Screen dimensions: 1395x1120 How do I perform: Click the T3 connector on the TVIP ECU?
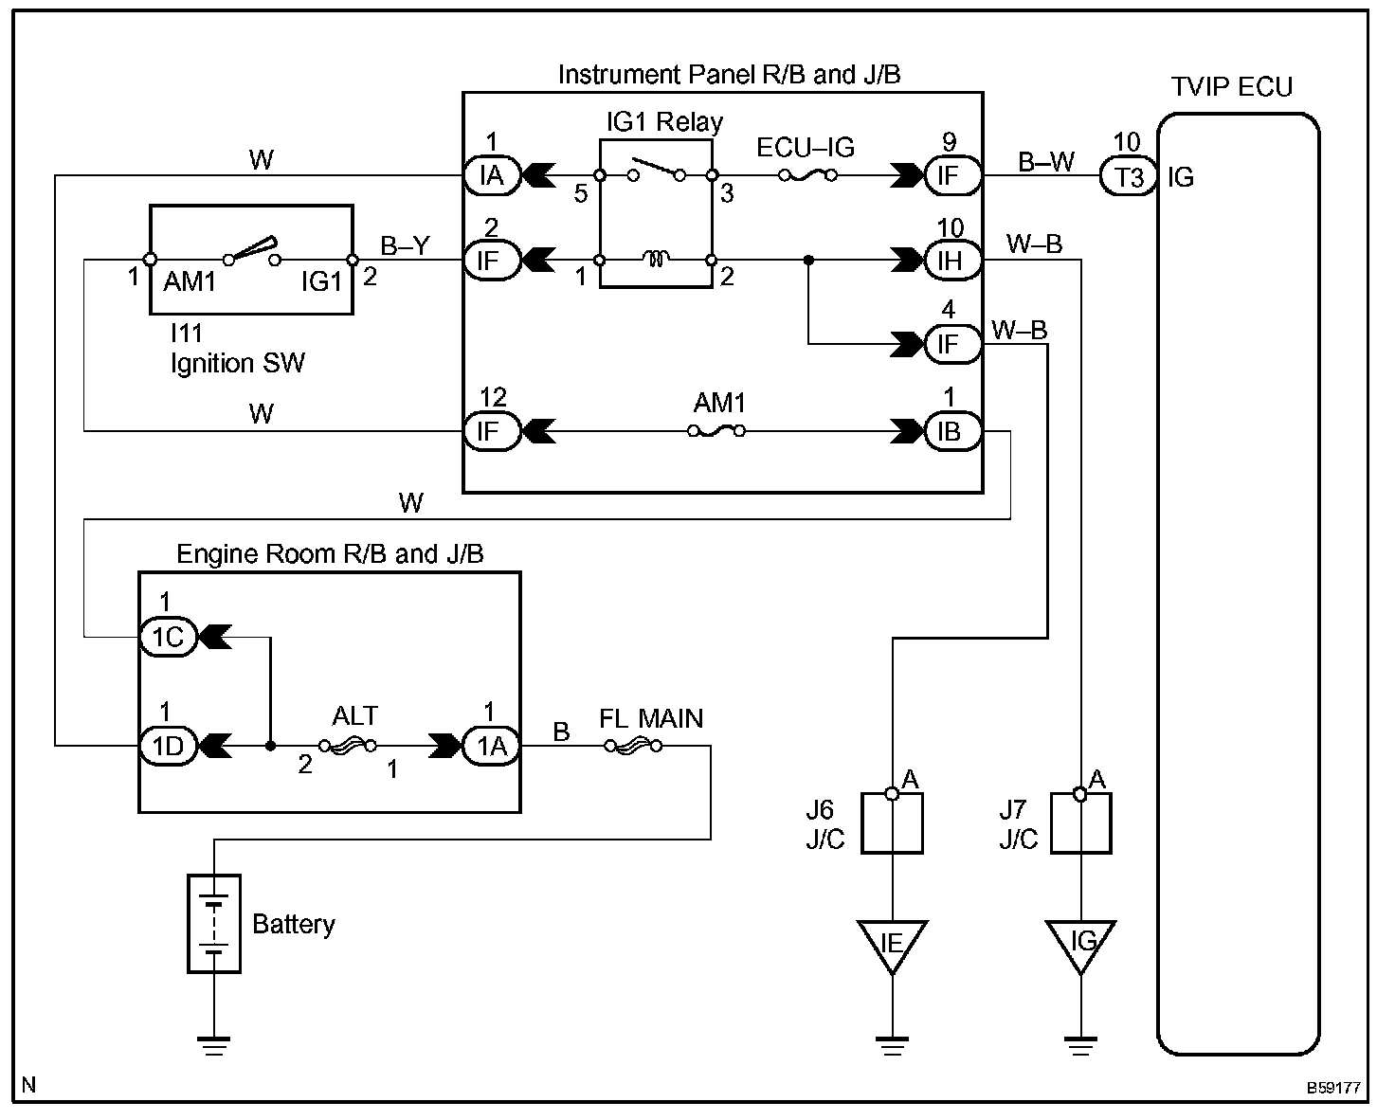[1129, 176]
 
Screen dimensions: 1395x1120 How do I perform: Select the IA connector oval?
[493, 175]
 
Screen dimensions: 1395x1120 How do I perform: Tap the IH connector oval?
[951, 261]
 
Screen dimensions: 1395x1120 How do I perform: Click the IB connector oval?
[951, 431]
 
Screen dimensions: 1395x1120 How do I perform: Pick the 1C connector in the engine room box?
[169, 637]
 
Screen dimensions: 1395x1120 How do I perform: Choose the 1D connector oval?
[169, 746]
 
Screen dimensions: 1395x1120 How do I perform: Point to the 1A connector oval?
[491, 746]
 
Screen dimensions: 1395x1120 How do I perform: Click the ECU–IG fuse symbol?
[807, 175]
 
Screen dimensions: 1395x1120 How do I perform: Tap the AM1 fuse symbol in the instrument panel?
[716, 431]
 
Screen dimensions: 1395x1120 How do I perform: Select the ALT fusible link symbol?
[348, 747]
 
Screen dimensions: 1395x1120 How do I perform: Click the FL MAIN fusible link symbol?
[633, 747]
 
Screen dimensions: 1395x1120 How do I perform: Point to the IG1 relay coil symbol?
[656, 260]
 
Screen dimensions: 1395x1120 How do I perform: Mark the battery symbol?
[214, 924]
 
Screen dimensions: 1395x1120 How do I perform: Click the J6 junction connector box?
[892, 823]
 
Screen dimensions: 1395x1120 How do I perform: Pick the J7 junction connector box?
[1080, 823]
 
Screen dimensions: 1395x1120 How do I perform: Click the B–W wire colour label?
[1045, 161]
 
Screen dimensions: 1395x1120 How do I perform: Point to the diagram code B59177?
[1332, 1088]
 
